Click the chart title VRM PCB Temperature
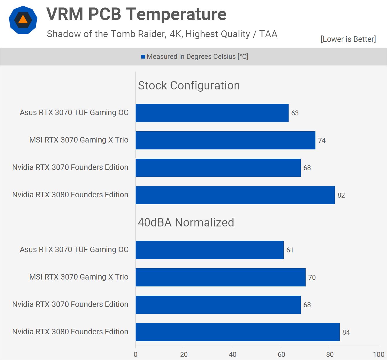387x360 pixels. coord(136,14)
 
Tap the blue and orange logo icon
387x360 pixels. coord(23,20)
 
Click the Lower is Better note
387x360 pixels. coord(348,39)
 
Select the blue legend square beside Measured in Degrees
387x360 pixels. coord(143,57)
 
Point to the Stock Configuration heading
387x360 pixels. coord(189,85)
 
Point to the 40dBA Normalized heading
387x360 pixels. coord(186,222)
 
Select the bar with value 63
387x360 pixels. coord(212,113)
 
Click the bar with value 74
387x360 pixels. coord(225,140)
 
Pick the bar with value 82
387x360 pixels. coord(235,195)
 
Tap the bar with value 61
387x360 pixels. coord(210,250)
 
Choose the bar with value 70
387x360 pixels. coord(220,277)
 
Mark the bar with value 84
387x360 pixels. coord(238,332)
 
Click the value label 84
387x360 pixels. coord(346,332)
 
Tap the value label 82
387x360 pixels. coord(341,195)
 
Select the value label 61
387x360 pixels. coord(290,250)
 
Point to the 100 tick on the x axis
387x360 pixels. coord(378,354)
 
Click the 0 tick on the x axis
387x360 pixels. coord(136,354)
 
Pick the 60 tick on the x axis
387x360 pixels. coord(281,354)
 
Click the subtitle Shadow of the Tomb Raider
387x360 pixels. coord(162,34)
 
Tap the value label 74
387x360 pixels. coord(322,140)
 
